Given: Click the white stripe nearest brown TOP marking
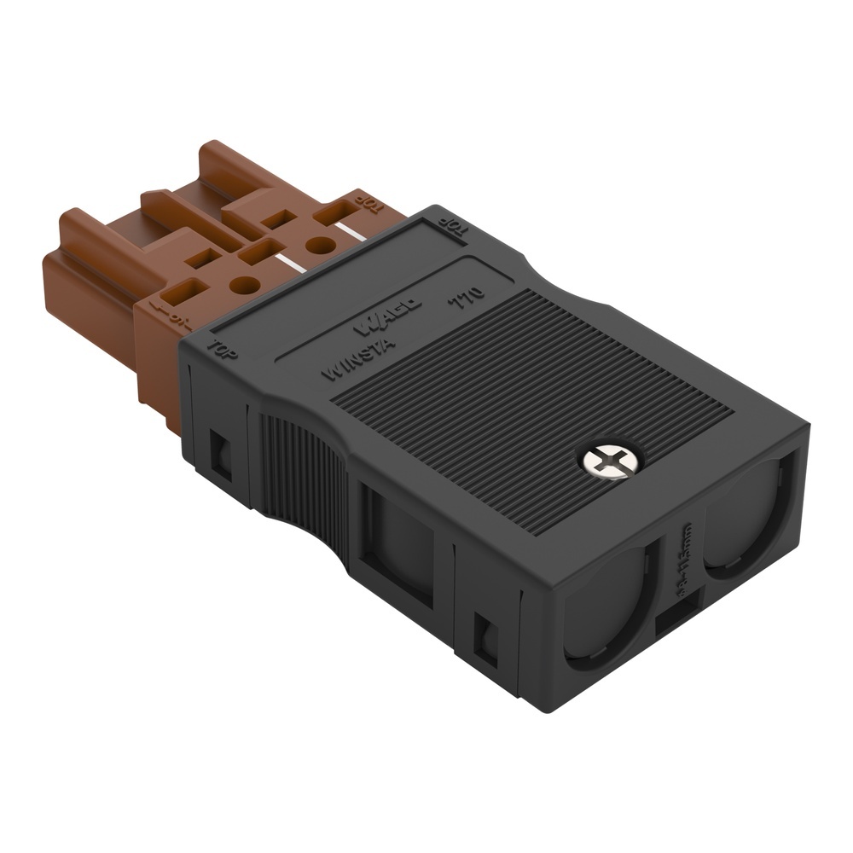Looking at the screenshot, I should (x=347, y=231).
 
